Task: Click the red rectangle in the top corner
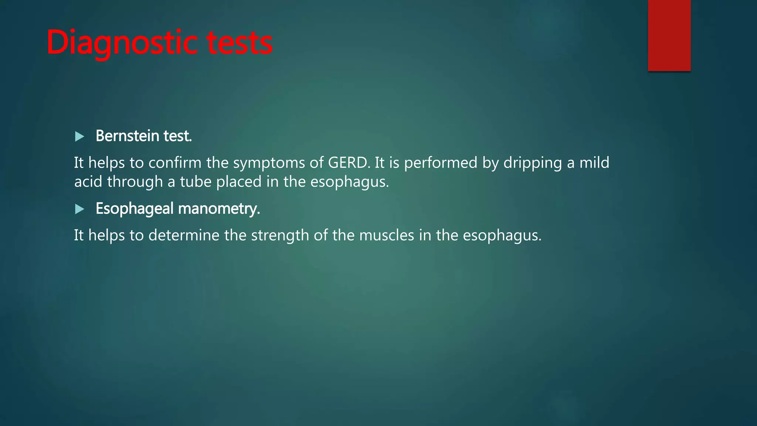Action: pos(669,35)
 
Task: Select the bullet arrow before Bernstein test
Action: pos(79,137)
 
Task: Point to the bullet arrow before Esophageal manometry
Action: pos(79,209)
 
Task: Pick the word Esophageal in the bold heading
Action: pos(135,209)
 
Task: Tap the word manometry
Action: pos(219,209)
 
